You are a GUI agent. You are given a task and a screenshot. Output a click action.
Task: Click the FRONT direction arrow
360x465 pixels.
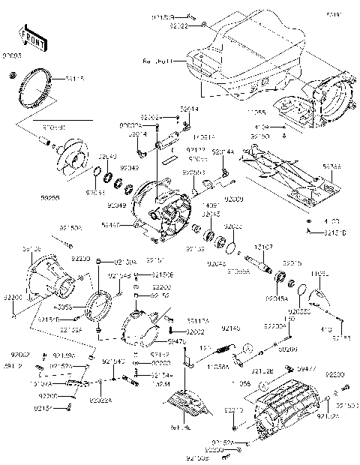27,38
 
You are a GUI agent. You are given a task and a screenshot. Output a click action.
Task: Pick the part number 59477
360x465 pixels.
303,369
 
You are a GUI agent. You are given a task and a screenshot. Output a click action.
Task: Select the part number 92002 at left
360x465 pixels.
19,352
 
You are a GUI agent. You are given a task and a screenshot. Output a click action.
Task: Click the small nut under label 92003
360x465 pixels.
12,76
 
